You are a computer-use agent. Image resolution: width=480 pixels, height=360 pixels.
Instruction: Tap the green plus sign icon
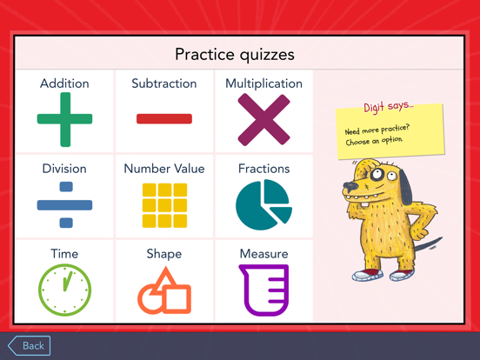coord(64,119)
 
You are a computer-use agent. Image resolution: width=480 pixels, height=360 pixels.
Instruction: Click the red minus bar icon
coord(163,119)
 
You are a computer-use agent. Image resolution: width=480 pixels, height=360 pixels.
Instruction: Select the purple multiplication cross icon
coord(263,119)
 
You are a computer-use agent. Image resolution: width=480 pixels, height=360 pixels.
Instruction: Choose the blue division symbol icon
coord(64,205)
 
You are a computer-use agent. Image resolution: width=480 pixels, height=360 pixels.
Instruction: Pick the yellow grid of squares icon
coord(163,205)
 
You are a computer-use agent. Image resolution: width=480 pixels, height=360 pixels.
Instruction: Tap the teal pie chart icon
coord(263,205)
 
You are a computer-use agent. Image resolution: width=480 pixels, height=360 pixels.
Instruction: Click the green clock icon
coord(64,290)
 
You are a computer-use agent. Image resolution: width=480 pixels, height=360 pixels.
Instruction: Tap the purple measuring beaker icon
coord(263,290)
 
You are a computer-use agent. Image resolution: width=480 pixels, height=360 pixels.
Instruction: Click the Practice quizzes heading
coord(235,54)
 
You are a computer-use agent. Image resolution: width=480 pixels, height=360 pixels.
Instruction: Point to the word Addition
coord(64,83)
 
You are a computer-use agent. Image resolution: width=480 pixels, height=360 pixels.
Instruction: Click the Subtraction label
coord(163,83)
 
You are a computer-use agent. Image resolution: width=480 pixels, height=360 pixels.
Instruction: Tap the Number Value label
coord(163,169)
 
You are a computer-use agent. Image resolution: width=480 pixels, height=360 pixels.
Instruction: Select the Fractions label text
coord(263,169)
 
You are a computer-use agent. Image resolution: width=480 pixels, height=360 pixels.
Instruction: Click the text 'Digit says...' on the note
coord(389,108)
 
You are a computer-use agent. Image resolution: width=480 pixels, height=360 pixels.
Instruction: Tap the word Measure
coord(263,254)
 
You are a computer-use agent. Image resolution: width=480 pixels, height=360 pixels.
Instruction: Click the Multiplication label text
coord(263,83)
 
